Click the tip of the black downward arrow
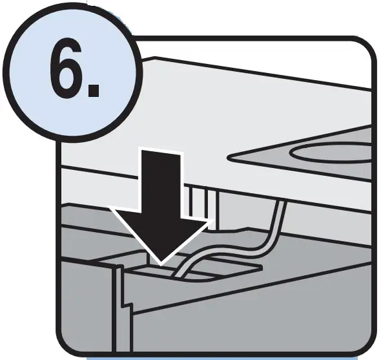(161, 260)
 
